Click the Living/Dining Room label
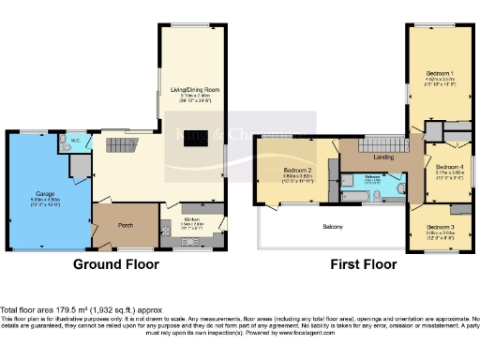pyautogui.click(x=191, y=92)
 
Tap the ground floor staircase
pyautogui.click(x=118, y=147)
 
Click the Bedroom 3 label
pyautogui.click(x=439, y=227)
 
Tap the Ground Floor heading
pyautogui.click(x=116, y=264)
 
